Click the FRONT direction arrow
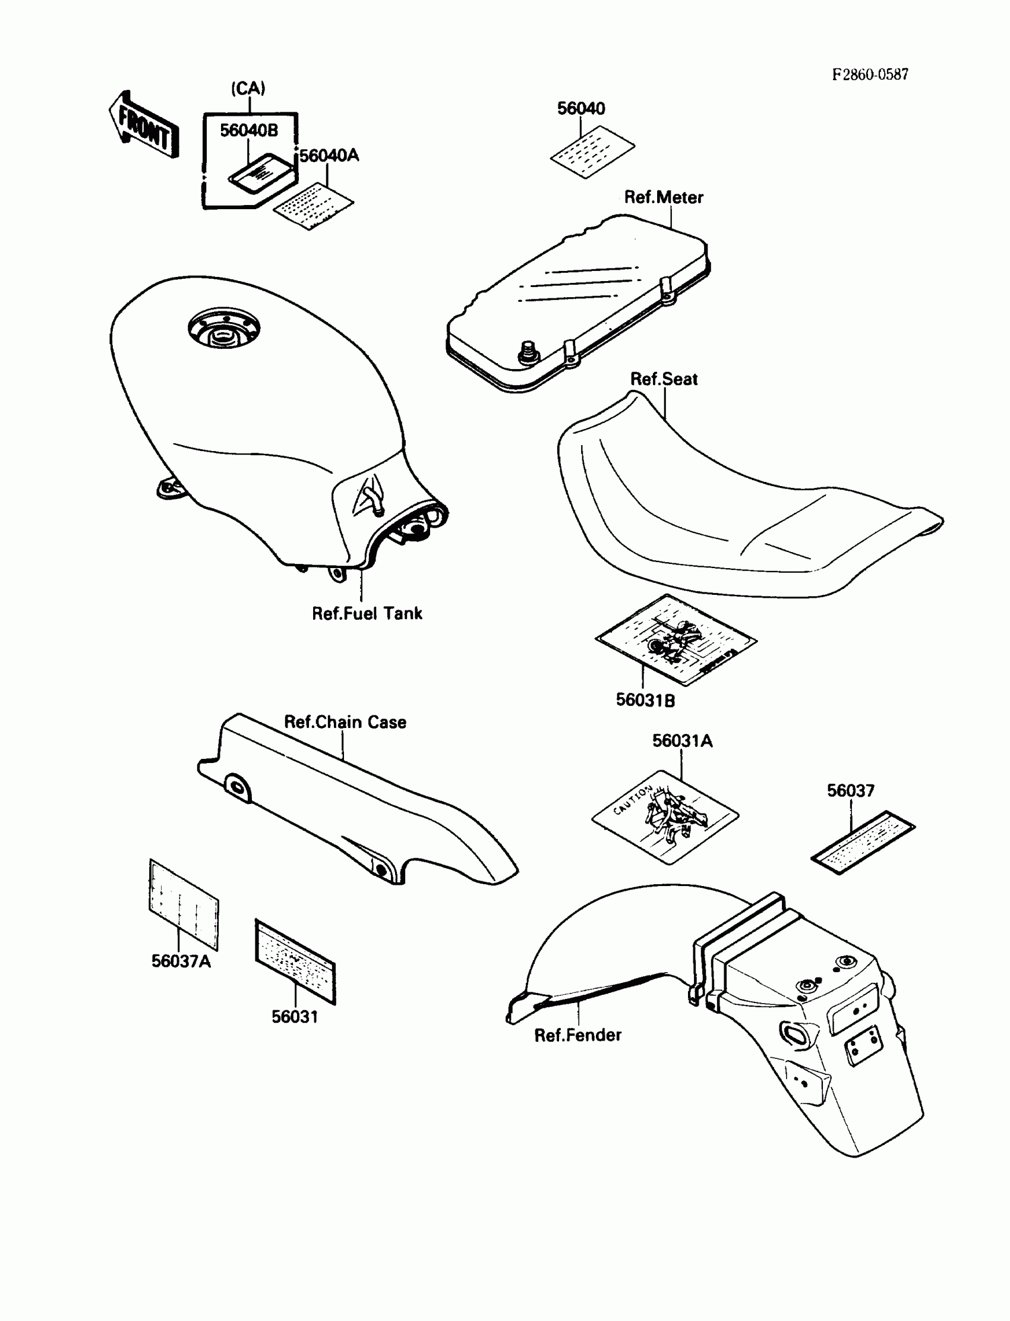point(144,126)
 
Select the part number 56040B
point(249,131)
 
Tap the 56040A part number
point(329,156)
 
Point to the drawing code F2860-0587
point(870,74)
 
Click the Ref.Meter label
point(663,197)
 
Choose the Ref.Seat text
point(664,379)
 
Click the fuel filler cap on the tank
point(223,329)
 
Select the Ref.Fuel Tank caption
point(367,613)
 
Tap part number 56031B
point(645,700)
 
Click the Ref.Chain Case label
point(345,721)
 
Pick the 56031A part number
point(683,741)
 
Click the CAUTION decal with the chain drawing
point(665,816)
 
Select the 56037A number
point(181,961)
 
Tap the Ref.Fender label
point(577,1035)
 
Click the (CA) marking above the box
point(248,89)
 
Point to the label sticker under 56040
point(592,151)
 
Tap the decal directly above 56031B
point(676,640)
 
